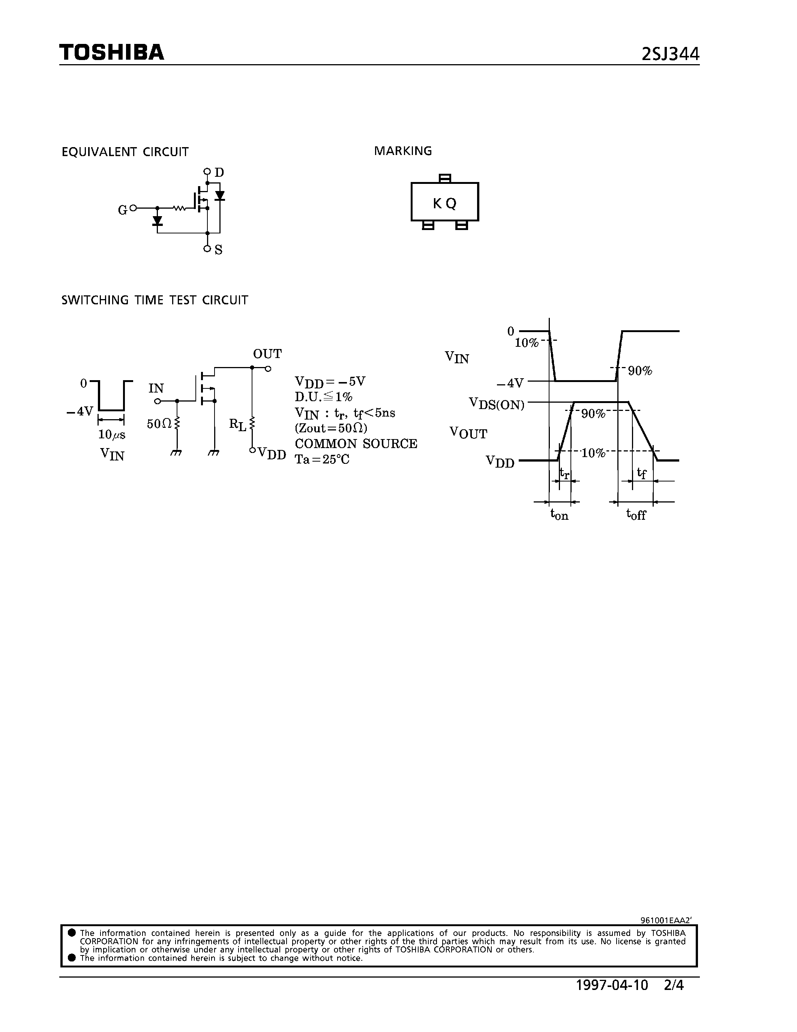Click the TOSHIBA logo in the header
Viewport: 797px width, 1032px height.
[111, 53]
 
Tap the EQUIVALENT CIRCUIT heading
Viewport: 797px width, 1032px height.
[125, 152]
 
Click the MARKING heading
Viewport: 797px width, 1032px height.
[403, 151]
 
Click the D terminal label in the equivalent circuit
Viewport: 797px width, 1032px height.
[219, 173]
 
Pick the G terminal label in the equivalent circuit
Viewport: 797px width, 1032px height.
[122, 210]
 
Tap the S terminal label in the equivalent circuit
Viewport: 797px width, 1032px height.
[218, 250]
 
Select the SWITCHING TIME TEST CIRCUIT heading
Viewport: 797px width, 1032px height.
[155, 301]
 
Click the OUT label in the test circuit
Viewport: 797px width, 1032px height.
[267, 354]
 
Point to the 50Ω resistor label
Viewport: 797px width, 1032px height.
[159, 424]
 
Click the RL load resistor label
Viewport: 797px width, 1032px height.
[237, 424]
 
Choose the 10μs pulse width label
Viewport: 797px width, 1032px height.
[111, 435]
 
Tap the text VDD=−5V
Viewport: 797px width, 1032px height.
[330, 382]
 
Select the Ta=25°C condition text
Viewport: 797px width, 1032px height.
[322, 459]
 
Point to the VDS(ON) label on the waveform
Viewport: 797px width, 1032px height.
[496, 404]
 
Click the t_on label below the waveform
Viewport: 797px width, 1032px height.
[559, 514]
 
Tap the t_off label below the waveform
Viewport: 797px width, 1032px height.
[635, 514]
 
